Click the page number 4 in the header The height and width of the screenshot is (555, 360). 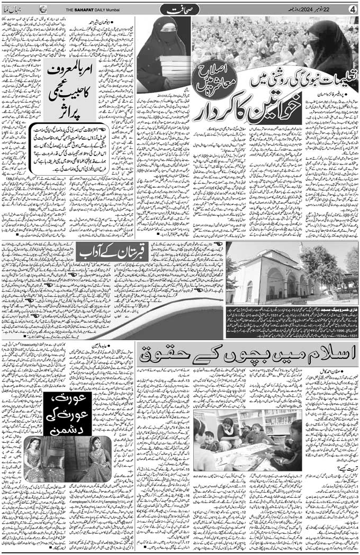tap(353, 9)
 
